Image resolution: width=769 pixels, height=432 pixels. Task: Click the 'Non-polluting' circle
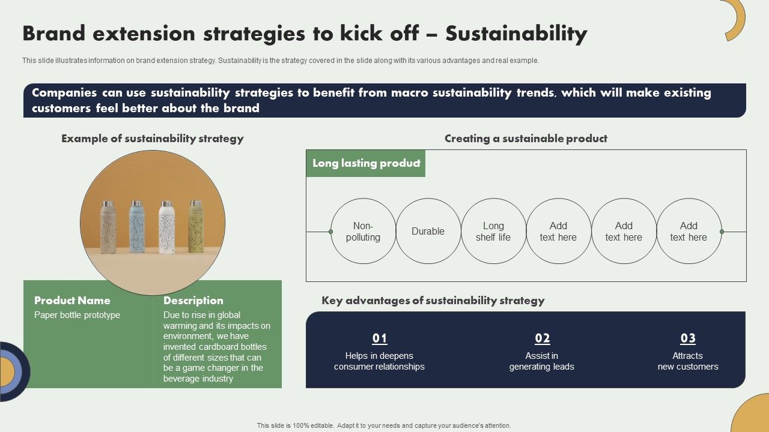click(x=363, y=232)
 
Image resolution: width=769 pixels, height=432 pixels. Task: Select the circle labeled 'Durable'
click(x=428, y=232)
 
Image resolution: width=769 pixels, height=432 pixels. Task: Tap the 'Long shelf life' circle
click(x=493, y=232)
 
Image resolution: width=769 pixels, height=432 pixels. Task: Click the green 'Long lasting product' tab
click(x=366, y=163)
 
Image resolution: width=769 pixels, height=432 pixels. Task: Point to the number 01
click(x=380, y=338)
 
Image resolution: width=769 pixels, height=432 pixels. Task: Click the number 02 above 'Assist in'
click(x=543, y=338)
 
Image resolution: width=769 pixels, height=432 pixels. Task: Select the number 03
click(x=688, y=338)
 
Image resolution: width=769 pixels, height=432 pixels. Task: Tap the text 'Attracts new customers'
click(x=688, y=361)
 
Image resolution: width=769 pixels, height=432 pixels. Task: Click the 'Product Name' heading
click(x=72, y=301)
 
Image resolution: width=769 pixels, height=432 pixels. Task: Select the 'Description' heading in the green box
click(x=193, y=301)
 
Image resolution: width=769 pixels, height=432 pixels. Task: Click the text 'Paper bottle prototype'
click(x=77, y=315)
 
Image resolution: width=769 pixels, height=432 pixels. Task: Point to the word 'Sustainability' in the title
click(x=516, y=34)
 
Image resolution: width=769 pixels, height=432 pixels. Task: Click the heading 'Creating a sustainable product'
click(x=526, y=139)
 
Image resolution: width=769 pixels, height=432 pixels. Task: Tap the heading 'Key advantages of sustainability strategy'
click(x=433, y=301)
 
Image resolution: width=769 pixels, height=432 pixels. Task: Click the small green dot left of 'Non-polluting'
click(x=330, y=232)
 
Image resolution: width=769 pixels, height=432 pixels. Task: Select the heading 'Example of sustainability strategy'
click(x=152, y=139)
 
